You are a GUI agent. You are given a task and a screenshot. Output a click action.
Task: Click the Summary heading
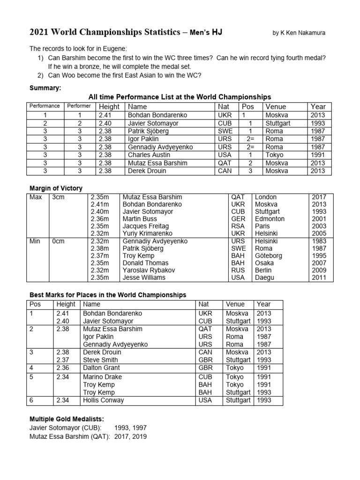pos(45,88)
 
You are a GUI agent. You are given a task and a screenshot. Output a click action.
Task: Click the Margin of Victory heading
pos(56,188)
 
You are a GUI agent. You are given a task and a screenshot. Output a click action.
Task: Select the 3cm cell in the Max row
pos(58,197)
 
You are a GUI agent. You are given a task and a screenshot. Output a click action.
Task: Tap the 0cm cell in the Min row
pos(58,241)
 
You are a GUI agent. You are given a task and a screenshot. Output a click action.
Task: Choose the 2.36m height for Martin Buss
pos(100,219)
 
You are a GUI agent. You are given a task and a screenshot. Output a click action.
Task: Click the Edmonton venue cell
pos(270,219)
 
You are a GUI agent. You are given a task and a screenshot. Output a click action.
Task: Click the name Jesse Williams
pos(144,277)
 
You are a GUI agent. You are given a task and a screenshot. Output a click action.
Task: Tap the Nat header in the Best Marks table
pos(203,304)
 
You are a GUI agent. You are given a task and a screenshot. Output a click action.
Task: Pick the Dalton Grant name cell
pos(101,368)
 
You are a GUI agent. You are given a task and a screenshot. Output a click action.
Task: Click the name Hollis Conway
pos(103,400)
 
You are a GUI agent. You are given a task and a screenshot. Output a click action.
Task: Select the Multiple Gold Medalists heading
pos(64,418)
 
